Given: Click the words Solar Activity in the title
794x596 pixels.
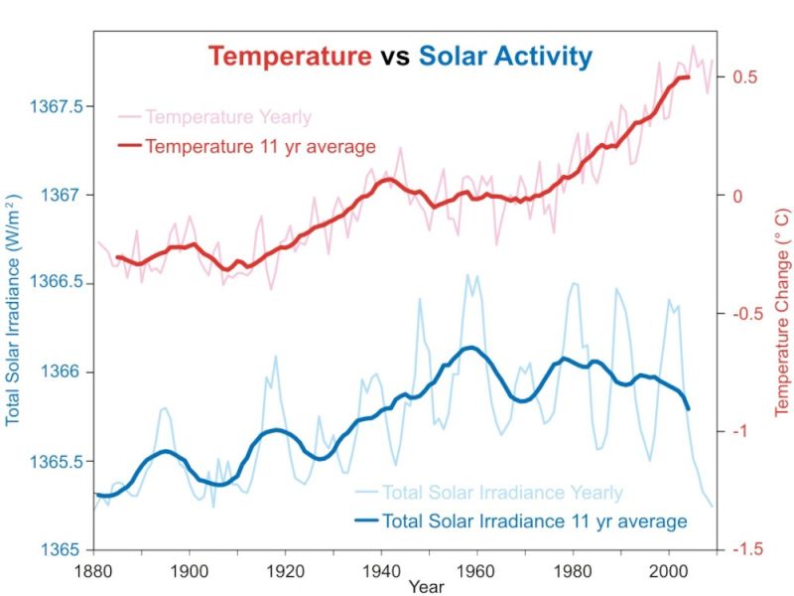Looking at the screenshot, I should click(x=505, y=56).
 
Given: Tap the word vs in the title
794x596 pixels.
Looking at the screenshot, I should click(x=395, y=57).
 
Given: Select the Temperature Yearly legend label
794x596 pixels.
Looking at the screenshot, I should click(x=228, y=117).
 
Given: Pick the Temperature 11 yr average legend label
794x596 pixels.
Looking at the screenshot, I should click(x=260, y=147).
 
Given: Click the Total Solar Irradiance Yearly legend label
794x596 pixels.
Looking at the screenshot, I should click(x=503, y=493).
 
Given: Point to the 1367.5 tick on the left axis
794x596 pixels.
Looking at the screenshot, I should click(x=61, y=106).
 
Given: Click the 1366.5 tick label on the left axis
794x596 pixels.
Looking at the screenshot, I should click(x=61, y=284).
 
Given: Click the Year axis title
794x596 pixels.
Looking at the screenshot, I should click(x=425, y=587).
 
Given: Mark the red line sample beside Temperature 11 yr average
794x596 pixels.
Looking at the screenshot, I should click(x=130, y=147).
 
